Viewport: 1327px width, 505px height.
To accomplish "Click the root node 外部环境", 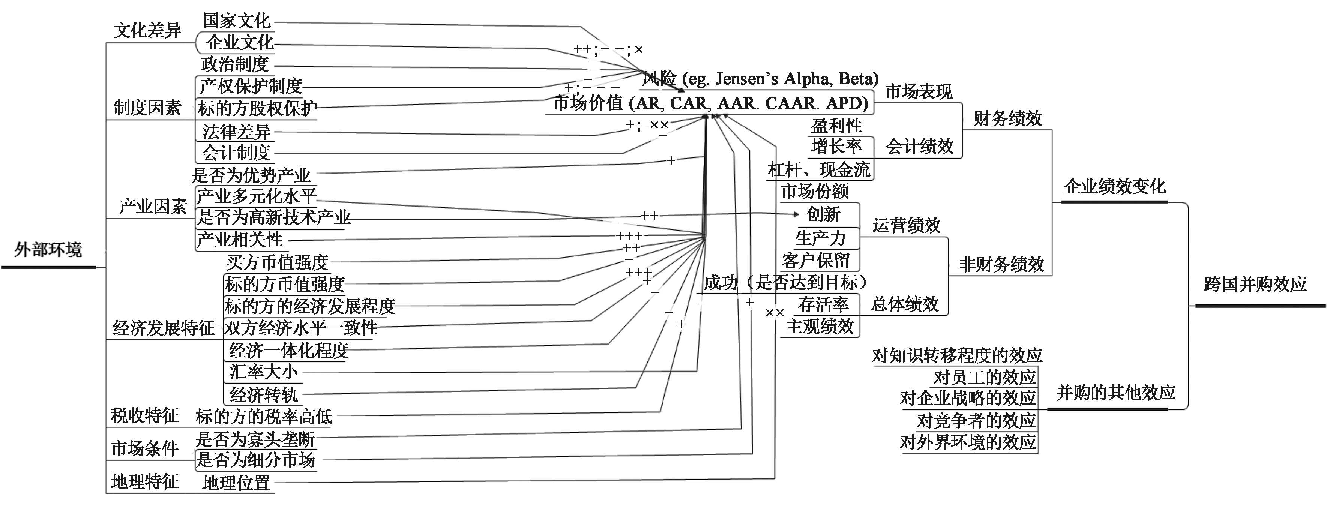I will pos(48,250).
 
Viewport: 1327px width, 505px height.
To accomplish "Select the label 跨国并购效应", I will pos(1255,285).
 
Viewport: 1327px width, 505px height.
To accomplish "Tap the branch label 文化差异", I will pos(147,30).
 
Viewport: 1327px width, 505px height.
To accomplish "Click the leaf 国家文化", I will pos(236,21).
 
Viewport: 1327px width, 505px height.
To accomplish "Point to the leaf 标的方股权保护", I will pos(257,108).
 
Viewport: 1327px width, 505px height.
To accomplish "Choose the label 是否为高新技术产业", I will pos(273,217).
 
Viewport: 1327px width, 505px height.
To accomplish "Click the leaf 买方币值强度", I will pos(277,262).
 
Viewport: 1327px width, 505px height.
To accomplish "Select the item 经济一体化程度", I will pos(288,351).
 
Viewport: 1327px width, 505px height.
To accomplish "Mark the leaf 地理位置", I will pos(236,483).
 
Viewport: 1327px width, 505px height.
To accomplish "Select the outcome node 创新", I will pos(823,214).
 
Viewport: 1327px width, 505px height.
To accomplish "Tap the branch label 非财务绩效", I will pos(1001,264).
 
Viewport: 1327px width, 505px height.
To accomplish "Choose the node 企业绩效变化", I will pos(1115,186).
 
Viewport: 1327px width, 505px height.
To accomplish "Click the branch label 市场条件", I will pos(145,448).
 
